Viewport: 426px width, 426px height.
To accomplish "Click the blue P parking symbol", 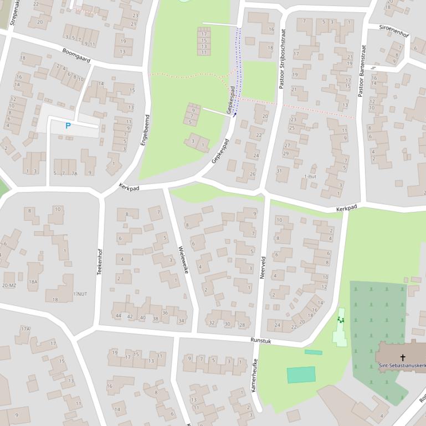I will [68, 126].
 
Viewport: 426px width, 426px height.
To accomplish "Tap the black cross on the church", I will [403, 358].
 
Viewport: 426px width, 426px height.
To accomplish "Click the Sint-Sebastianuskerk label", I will [402, 366].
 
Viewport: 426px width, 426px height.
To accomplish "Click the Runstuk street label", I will [260, 341].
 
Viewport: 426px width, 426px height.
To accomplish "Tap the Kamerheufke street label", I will [254, 375].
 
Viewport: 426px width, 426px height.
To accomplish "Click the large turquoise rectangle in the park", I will [301, 375].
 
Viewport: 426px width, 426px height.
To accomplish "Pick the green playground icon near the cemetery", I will [341, 319].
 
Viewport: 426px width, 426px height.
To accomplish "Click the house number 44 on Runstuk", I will [118, 316].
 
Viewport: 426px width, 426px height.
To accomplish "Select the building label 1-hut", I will [310, 176].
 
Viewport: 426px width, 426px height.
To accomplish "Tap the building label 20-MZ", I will [9, 285].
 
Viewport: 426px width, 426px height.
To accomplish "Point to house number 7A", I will [74, 173].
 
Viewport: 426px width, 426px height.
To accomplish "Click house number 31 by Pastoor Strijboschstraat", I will [280, 170].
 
